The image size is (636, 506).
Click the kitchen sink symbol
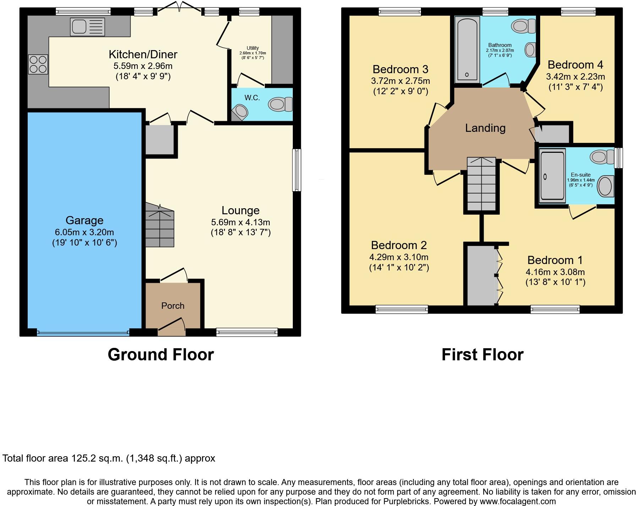(x=88, y=27)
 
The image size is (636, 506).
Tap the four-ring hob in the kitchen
(x=38, y=64)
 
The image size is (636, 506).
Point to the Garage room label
(x=84, y=220)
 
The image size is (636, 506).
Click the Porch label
(x=173, y=306)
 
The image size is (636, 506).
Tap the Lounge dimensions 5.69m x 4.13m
(x=241, y=222)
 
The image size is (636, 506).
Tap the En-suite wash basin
(x=605, y=186)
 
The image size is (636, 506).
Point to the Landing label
(x=485, y=128)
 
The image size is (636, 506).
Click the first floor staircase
(x=481, y=185)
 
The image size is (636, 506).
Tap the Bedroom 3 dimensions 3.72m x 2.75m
(x=400, y=81)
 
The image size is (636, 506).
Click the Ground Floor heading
(x=160, y=354)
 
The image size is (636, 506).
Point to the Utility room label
(x=253, y=48)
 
